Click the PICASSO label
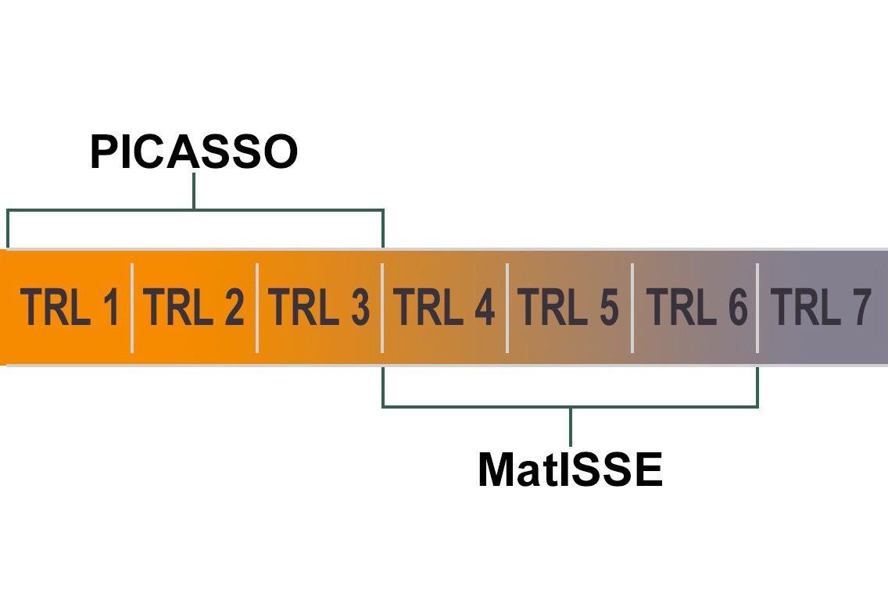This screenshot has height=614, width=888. pos(194,152)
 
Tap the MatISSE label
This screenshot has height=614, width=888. pos(570,470)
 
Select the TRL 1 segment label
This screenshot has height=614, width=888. pos(70,308)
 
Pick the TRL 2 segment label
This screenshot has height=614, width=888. pos(195,308)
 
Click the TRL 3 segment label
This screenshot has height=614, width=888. pos(319,308)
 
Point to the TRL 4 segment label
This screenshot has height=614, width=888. pos(445,308)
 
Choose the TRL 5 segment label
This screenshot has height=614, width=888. pos(568,308)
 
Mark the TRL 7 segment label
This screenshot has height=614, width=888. pos(821,308)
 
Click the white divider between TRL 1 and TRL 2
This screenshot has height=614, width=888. pos(132,308)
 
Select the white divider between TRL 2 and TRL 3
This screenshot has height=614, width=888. pos(257,308)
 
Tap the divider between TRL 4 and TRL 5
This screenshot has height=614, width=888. pos(507,308)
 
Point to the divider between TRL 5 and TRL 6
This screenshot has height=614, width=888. pos(632,308)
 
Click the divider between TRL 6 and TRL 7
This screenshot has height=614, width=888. pos(757,308)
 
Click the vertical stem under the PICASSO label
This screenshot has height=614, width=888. pos(194,191)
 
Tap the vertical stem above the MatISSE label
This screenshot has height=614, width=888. pos(570,426)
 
